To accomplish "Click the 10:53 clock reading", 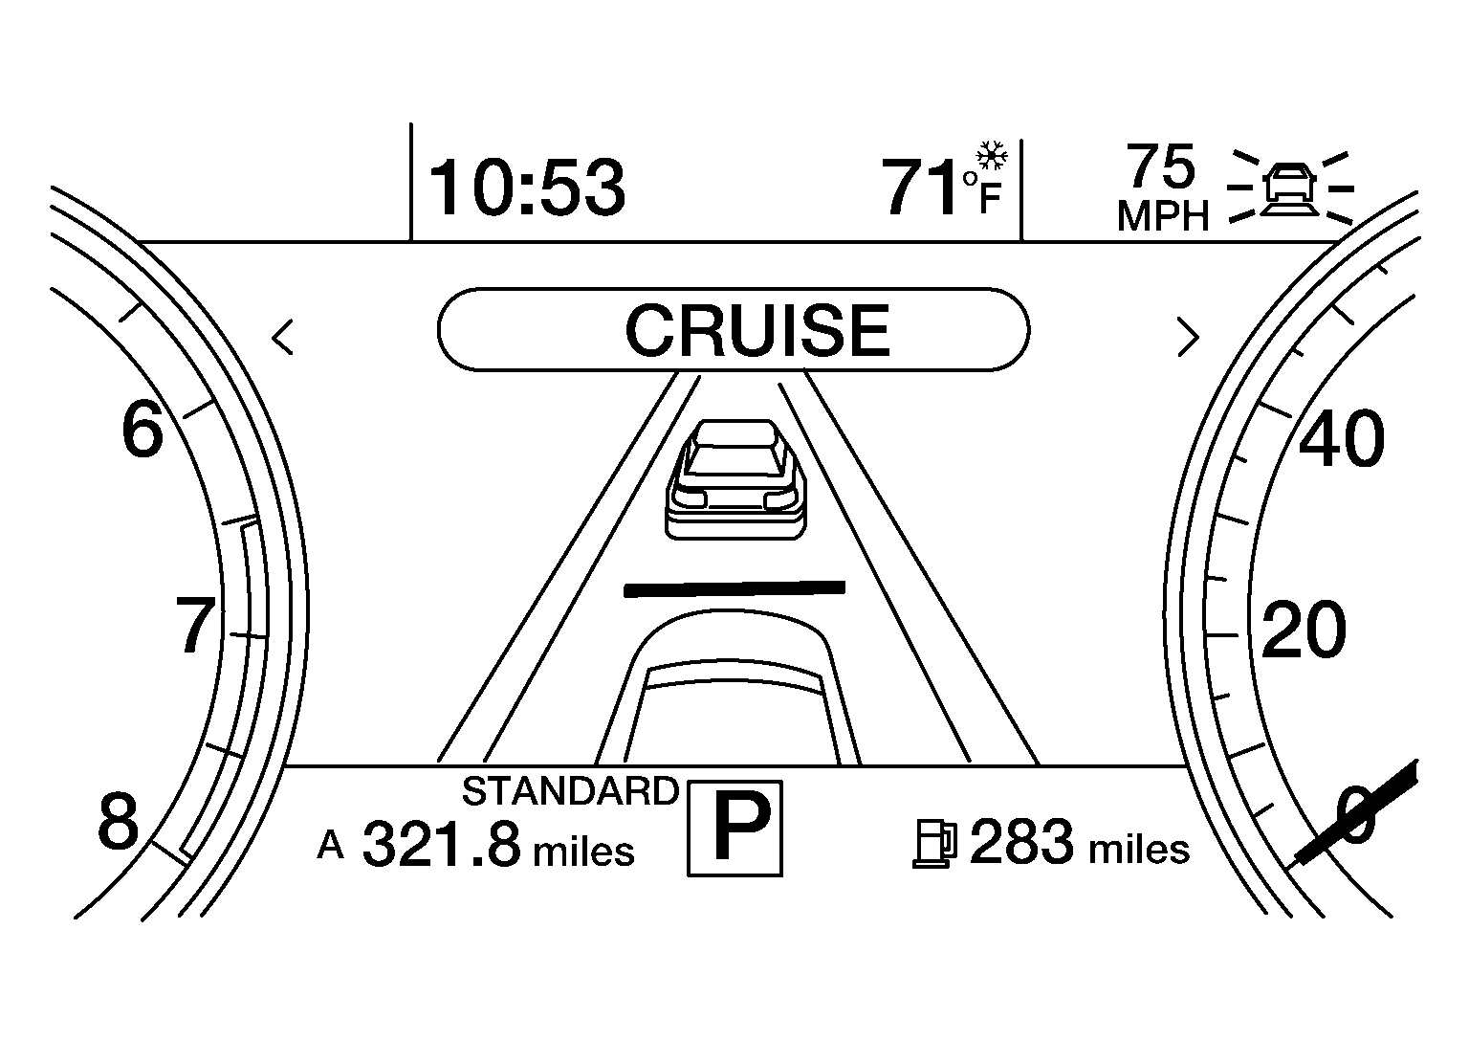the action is pyautogui.click(x=527, y=188).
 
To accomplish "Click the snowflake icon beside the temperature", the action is pyautogui.click(x=992, y=156).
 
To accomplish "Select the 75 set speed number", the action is pyautogui.click(x=1161, y=166).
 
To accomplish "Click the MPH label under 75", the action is pyautogui.click(x=1163, y=215).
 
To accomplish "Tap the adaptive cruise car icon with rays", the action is pyautogui.click(x=1290, y=188).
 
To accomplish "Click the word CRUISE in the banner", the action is pyautogui.click(x=757, y=330).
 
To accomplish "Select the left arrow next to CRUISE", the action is pyautogui.click(x=283, y=338).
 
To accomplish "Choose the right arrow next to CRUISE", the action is pyautogui.click(x=1189, y=338).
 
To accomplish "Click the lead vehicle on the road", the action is pyautogui.click(x=735, y=479).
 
